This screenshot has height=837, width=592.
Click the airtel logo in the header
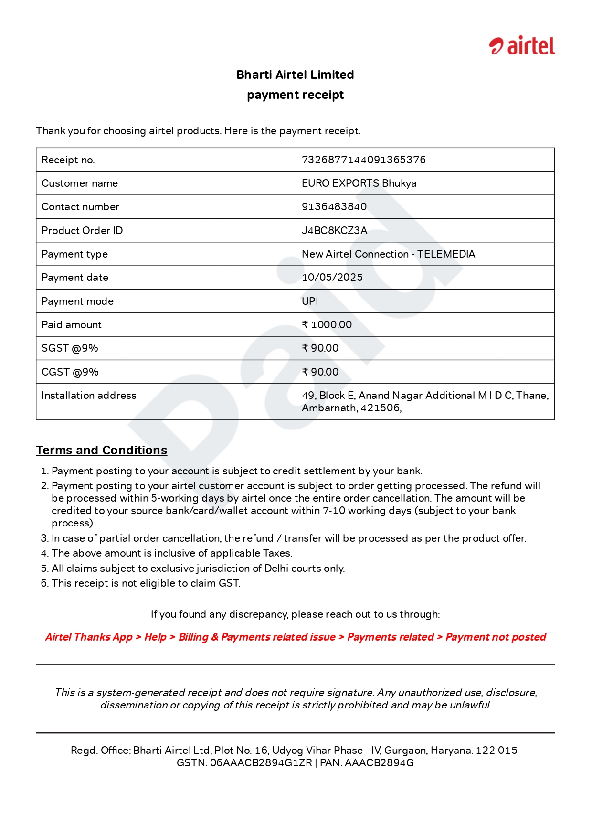point(522,46)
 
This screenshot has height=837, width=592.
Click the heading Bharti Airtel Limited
point(295,75)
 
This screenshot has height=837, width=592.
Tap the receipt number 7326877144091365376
point(363,160)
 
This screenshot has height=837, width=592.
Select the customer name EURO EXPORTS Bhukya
point(359,183)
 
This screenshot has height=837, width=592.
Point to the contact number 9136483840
point(334,207)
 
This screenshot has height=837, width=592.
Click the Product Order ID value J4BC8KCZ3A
point(334,231)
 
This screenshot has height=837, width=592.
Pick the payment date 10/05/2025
point(332,278)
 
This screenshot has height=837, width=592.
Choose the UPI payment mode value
point(310,301)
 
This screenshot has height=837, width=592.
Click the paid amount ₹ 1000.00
point(327,325)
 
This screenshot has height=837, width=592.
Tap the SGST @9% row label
point(70,348)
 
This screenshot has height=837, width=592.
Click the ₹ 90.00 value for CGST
point(320,372)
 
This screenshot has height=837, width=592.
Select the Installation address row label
point(89,396)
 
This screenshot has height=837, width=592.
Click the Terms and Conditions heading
point(101,450)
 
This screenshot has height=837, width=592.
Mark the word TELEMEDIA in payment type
point(446,254)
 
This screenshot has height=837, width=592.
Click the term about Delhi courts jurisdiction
point(198,569)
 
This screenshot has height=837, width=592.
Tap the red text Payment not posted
point(496,637)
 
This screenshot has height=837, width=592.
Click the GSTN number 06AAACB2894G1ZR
point(261,763)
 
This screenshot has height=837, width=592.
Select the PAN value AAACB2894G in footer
point(379,763)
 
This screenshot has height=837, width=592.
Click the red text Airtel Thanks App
point(89,637)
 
